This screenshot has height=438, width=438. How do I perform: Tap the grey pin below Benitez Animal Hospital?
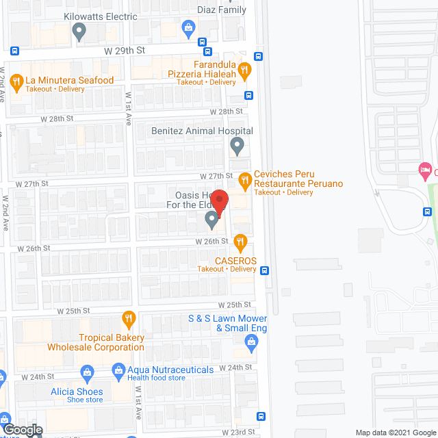point(237,145)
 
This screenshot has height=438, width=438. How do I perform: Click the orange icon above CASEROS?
point(240,241)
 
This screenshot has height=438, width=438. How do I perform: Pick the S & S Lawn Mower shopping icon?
point(251,346)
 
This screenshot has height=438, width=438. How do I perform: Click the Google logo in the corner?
point(22,430)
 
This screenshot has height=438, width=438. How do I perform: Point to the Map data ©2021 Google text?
point(394,432)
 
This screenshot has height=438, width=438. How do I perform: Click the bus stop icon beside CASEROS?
point(264,270)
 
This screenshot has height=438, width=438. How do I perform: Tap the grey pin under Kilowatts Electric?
point(79,30)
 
